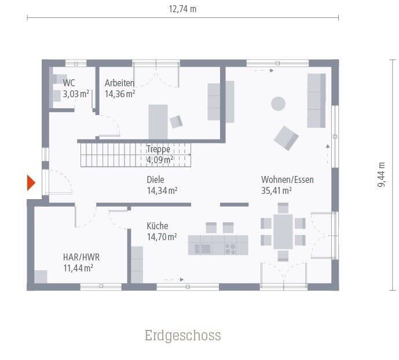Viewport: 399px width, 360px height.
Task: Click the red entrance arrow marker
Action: click(x=31, y=183)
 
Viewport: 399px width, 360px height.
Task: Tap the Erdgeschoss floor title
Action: click(x=182, y=336)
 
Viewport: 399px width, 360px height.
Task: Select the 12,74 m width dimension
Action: click(x=182, y=9)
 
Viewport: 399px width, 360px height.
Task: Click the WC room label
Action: click(x=69, y=83)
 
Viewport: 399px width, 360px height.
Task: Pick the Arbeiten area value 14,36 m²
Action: click(x=120, y=93)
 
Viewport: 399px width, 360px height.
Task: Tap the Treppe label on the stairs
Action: click(x=158, y=149)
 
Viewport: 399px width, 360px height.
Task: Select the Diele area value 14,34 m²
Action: click(x=162, y=190)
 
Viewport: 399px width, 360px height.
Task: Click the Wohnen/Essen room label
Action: click(x=287, y=179)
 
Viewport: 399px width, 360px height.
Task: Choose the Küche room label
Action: click(x=158, y=226)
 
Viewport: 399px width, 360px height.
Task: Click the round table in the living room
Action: click(x=279, y=104)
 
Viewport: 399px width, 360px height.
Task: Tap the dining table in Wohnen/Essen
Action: click(x=283, y=231)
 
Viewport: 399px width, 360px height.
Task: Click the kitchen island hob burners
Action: click(x=230, y=249)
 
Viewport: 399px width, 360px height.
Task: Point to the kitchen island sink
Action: click(x=203, y=249)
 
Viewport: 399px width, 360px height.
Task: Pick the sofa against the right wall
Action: click(x=316, y=100)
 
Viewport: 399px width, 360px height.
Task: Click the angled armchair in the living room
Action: click(x=286, y=138)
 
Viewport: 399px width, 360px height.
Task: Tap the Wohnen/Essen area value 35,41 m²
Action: click(x=276, y=190)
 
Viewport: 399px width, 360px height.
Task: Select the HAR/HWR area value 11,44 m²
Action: click(x=78, y=267)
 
